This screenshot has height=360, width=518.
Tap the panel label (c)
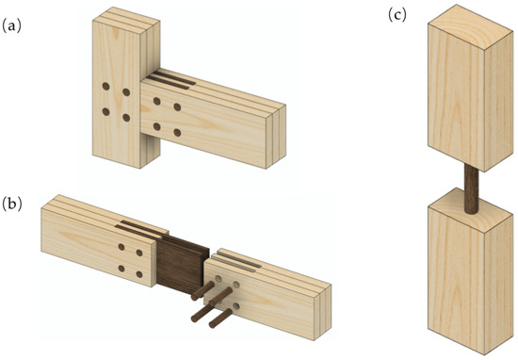point(397,15)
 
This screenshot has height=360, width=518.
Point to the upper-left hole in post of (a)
point(105,92)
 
